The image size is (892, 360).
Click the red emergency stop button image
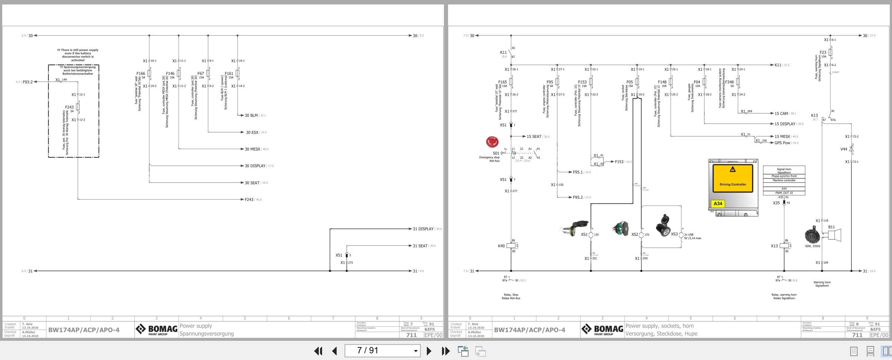point(492,142)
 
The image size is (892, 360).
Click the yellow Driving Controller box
point(733,178)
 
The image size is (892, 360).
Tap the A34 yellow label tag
point(718,204)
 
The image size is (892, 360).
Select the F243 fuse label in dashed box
point(69,107)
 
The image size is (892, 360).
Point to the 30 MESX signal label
point(252,149)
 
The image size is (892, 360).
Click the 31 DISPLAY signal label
point(423,229)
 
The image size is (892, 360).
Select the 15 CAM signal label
point(781,113)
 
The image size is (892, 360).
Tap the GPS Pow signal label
point(782,143)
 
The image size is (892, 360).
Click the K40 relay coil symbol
point(511,246)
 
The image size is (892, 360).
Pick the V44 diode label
point(843,149)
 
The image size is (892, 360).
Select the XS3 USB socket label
point(674,234)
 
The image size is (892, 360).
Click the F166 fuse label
point(140,74)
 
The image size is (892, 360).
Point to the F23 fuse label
point(823,53)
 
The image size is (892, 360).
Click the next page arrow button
point(429,351)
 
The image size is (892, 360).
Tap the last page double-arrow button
point(446,351)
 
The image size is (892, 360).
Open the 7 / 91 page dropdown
point(415,351)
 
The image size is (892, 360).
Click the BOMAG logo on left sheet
point(156,329)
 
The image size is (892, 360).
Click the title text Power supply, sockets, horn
point(659,326)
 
